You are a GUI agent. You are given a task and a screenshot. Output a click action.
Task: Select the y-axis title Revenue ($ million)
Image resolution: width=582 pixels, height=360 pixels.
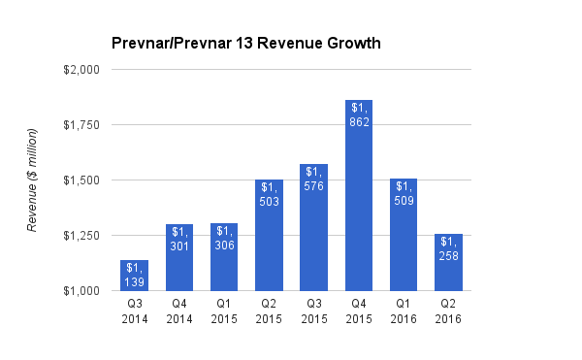[x=32, y=180]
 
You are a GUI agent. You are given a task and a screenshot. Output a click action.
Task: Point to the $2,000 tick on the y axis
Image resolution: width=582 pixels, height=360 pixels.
[x=81, y=70]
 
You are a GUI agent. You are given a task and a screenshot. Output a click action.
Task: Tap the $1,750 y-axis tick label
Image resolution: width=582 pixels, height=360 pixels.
[x=81, y=125]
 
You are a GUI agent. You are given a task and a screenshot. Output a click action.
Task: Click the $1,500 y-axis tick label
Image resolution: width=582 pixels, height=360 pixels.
[x=81, y=180]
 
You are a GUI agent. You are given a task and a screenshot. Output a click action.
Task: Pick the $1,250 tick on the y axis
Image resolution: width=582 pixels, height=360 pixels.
[x=81, y=236]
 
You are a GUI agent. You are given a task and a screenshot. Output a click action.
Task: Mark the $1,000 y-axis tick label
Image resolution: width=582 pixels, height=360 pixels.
[x=81, y=291]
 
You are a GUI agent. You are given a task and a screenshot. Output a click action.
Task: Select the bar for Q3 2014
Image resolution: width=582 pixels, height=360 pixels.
[x=135, y=276]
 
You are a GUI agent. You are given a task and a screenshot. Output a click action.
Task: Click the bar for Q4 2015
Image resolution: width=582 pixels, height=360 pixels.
[x=359, y=195]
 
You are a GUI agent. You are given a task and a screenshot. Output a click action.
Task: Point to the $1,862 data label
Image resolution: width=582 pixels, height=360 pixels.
[x=359, y=114]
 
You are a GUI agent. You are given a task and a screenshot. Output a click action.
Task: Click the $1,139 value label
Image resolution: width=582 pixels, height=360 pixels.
[x=135, y=274]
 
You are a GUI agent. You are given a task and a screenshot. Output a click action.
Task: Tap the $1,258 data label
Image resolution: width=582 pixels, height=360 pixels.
[x=448, y=247]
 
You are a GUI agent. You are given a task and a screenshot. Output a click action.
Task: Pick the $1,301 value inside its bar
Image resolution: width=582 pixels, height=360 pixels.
[x=179, y=238]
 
